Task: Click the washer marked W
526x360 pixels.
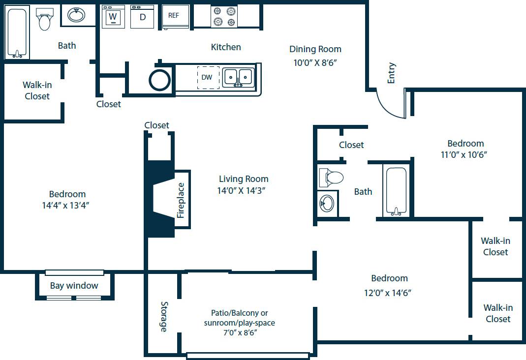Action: (113, 17)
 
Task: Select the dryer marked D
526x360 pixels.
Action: (143, 17)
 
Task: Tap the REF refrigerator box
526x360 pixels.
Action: (174, 16)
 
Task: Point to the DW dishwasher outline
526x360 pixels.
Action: (208, 78)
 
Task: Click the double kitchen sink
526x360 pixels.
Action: (238, 78)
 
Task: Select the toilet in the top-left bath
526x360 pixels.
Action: (45, 19)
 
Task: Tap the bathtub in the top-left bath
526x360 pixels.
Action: (17, 32)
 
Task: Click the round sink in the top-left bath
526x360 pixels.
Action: (76, 16)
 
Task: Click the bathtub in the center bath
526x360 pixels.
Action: (396, 191)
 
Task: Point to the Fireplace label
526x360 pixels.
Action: (181, 200)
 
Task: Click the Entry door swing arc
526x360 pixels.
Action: (390, 104)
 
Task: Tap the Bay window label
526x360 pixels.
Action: (74, 286)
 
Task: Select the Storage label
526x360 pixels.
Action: (164, 317)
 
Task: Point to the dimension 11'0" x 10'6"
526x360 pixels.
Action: (465, 154)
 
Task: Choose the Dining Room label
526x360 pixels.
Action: (315, 49)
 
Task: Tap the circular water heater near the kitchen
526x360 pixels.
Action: (160, 80)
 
